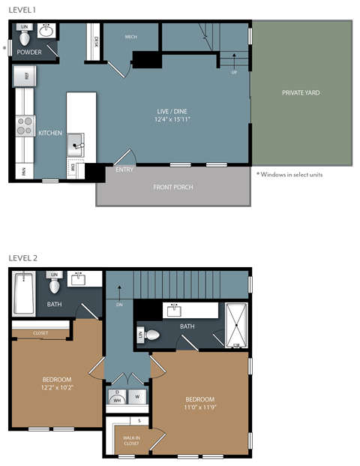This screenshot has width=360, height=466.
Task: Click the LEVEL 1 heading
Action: click(x=22, y=10)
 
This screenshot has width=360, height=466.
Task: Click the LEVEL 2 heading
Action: click(x=22, y=258)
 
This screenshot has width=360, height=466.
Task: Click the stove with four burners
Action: click(x=25, y=125)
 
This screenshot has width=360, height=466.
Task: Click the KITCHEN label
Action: click(x=50, y=133)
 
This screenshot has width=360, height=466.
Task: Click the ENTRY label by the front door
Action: click(x=124, y=170)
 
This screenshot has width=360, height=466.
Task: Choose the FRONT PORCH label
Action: click(x=172, y=187)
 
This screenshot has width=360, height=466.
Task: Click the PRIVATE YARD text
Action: click(x=301, y=93)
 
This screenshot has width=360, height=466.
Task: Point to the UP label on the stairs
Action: click(x=233, y=73)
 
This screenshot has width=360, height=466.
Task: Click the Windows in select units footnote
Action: click(x=289, y=174)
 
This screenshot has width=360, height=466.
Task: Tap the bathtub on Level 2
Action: click(x=24, y=294)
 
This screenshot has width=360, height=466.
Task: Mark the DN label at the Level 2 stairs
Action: click(x=118, y=305)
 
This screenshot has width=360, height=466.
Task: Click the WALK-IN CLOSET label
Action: click(x=132, y=439)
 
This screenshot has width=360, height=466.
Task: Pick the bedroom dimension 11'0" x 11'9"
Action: click(x=200, y=407)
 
